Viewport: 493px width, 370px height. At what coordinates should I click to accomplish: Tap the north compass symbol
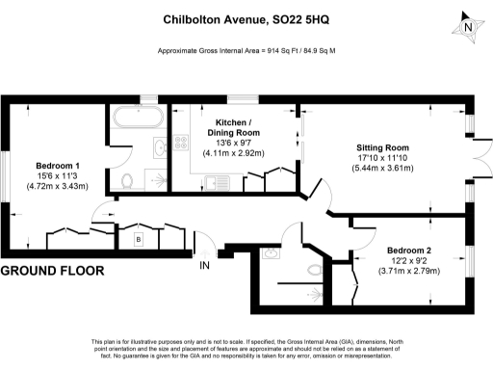(x=468, y=26)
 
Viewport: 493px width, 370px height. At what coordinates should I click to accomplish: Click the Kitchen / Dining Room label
(x=235, y=127)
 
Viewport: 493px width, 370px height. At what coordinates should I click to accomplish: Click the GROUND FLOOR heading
(x=52, y=272)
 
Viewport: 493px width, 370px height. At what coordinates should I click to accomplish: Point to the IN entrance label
(x=204, y=265)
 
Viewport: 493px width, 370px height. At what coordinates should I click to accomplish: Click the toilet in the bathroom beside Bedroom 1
(x=128, y=179)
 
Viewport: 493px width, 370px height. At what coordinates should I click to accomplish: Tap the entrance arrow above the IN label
(x=203, y=250)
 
